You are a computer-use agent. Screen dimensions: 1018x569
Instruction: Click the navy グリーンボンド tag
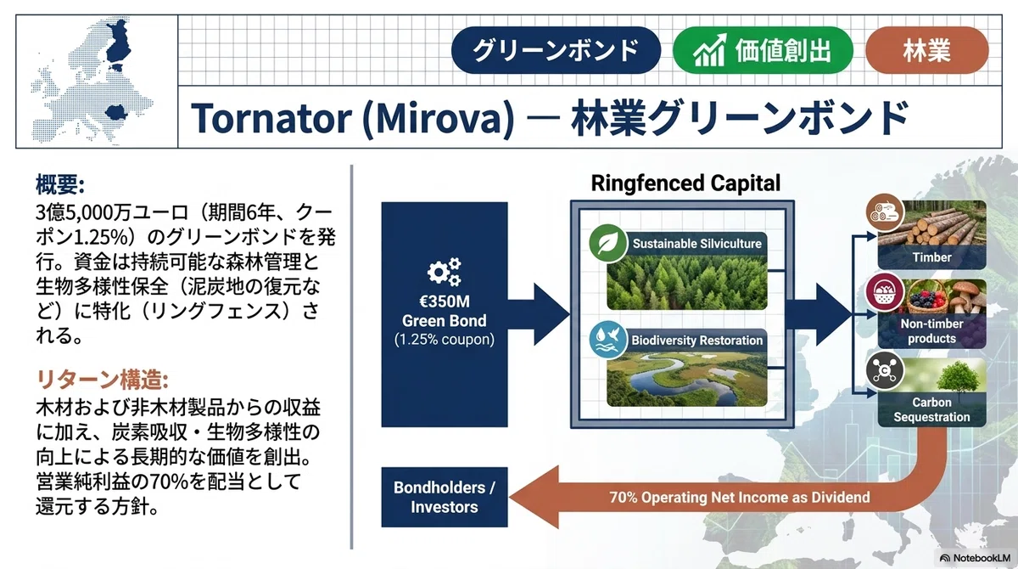pyautogui.click(x=556, y=50)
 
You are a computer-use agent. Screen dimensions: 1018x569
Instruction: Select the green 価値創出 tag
pyautogui.click(x=763, y=50)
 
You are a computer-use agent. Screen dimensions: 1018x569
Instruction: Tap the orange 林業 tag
pyautogui.click(x=926, y=50)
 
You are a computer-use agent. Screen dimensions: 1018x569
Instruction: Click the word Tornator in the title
pyautogui.click(x=271, y=118)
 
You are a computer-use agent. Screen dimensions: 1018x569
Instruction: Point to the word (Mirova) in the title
pyautogui.click(x=439, y=119)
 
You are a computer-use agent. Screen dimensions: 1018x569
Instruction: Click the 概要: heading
pyautogui.click(x=60, y=184)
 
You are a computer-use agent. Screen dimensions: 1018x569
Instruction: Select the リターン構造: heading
pyautogui.click(x=103, y=380)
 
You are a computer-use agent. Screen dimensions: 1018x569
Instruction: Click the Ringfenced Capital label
pyautogui.click(x=685, y=183)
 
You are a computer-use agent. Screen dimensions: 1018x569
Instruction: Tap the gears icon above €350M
pyautogui.click(x=444, y=272)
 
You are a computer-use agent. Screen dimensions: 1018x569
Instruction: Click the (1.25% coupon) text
pyautogui.click(x=444, y=340)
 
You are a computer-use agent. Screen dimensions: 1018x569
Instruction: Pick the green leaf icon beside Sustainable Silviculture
pyautogui.click(x=607, y=244)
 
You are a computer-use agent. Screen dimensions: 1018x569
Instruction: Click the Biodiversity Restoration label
pyautogui.click(x=696, y=341)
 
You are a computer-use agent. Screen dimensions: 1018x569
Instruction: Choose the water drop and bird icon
pyautogui.click(x=607, y=340)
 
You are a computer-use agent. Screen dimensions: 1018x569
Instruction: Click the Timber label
pyautogui.click(x=931, y=257)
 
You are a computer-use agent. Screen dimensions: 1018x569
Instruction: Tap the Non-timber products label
pyautogui.click(x=931, y=331)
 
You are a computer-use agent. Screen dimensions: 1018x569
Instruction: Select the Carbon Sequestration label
pyautogui.click(x=931, y=410)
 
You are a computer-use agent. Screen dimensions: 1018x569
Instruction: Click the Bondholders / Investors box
pyautogui.click(x=445, y=497)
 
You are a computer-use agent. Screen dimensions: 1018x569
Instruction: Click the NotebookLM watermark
pyautogui.click(x=976, y=558)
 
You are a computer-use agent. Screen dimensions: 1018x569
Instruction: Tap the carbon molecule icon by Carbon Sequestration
pyautogui.click(x=884, y=370)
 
